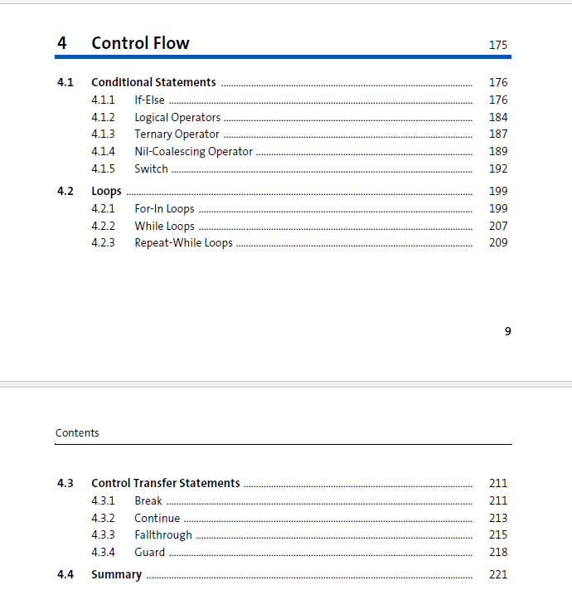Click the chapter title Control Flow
(x=140, y=43)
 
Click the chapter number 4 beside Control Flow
(x=62, y=43)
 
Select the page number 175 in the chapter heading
(x=497, y=45)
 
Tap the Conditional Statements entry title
(x=153, y=82)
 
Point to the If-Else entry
(x=149, y=100)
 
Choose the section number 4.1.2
(x=103, y=117)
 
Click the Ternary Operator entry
(x=177, y=134)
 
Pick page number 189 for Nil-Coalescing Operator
(x=497, y=151)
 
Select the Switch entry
(x=151, y=168)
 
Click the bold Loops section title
(x=106, y=191)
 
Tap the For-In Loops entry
(x=164, y=208)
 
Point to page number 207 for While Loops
(x=497, y=226)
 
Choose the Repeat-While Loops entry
(x=183, y=242)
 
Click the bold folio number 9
(x=507, y=331)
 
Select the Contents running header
(x=77, y=432)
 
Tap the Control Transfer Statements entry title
(x=165, y=483)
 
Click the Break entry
(x=148, y=500)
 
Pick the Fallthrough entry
(x=162, y=534)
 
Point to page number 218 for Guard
(x=497, y=552)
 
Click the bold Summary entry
(x=116, y=574)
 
